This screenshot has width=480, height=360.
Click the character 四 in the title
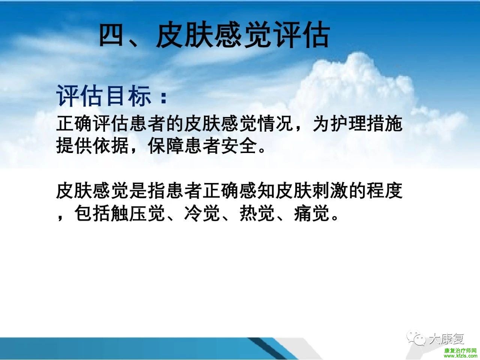(x=111, y=36)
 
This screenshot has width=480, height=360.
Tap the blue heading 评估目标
(x=104, y=96)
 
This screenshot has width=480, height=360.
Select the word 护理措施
(x=367, y=124)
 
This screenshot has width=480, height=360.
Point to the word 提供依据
(x=92, y=146)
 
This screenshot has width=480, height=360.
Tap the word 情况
(x=276, y=124)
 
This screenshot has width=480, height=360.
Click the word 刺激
(x=330, y=191)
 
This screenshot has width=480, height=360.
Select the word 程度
(x=385, y=191)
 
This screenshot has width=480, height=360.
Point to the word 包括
(x=93, y=213)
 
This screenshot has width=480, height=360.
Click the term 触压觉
(x=138, y=213)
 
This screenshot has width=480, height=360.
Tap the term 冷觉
(x=202, y=213)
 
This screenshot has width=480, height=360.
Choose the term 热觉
(x=257, y=213)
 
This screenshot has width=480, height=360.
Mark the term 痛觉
(x=312, y=213)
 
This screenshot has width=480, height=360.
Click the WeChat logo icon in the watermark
(x=416, y=338)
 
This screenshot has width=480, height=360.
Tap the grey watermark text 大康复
(x=446, y=339)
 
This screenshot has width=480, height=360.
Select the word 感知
(x=257, y=191)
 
